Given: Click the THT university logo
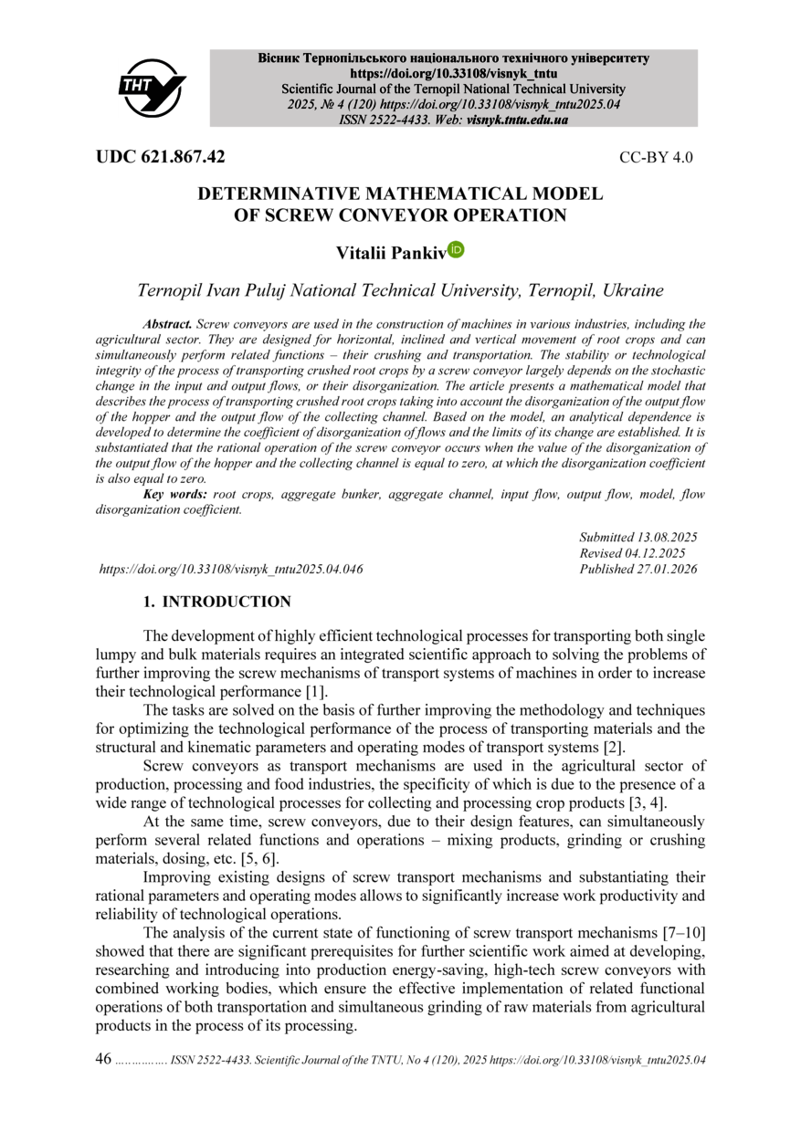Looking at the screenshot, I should pyautogui.click(x=152, y=87).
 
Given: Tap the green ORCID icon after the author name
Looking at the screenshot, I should pyautogui.click(x=457, y=249).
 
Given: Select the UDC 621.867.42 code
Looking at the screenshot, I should pyautogui.click(x=161, y=156).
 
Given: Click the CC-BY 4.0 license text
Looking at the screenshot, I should pyautogui.click(x=656, y=157).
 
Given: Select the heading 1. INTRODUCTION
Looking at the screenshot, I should pyautogui.click(x=217, y=602).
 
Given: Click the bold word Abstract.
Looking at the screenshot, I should pyautogui.click(x=169, y=324).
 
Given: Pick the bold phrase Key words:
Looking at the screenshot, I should pyautogui.click(x=175, y=494).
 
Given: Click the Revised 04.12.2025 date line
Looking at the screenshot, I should pyautogui.click(x=633, y=553).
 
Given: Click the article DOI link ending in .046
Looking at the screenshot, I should pyautogui.click(x=231, y=569).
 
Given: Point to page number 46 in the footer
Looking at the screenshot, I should pyautogui.click(x=103, y=1059).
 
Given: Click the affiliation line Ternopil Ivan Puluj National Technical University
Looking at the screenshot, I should pyautogui.click(x=400, y=291).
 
